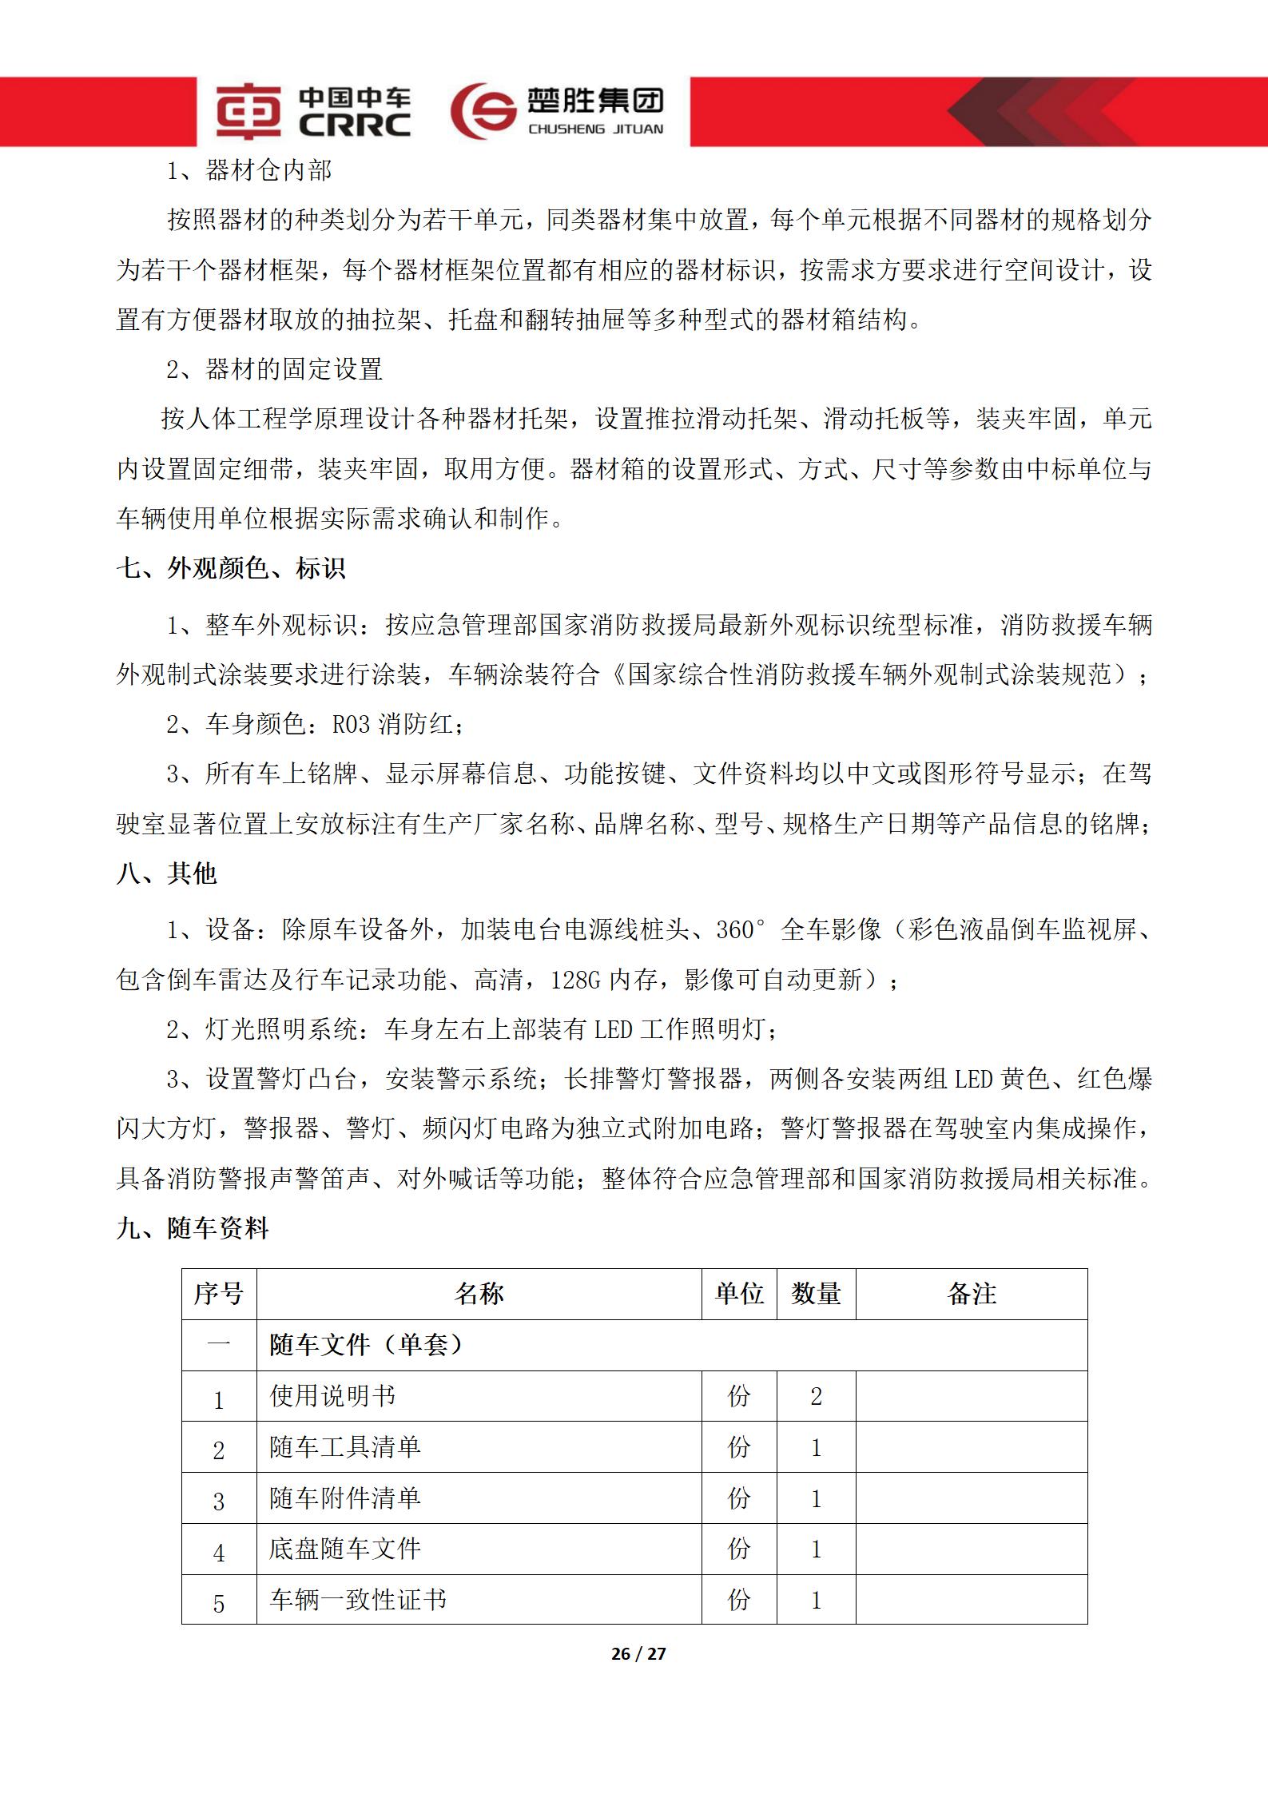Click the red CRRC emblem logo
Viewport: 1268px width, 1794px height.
[248, 112]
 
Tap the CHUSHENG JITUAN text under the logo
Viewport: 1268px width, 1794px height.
[595, 129]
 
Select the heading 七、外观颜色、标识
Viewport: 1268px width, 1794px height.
[231, 568]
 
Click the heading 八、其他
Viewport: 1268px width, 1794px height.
[167, 873]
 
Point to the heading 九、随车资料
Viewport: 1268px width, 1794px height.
[193, 1228]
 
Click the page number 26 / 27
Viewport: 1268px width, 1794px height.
[638, 1654]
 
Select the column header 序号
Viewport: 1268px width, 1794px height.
[218, 1294]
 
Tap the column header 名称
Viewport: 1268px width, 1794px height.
[479, 1294]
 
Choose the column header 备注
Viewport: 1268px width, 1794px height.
[971, 1294]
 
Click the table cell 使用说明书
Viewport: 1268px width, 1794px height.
[332, 1395]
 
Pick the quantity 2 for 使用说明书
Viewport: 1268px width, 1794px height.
[816, 1396]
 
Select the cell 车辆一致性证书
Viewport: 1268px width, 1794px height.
[357, 1599]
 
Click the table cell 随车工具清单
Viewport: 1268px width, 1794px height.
[344, 1446]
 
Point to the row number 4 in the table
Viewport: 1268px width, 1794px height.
[219, 1549]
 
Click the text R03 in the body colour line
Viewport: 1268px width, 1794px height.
[351, 725]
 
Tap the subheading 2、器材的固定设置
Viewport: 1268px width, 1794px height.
[274, 369]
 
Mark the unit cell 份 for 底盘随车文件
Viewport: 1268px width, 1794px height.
[739, 1549]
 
